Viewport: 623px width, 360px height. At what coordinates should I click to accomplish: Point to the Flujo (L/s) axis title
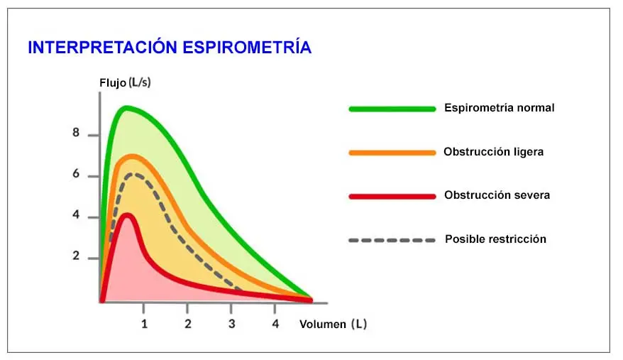pos(125,83)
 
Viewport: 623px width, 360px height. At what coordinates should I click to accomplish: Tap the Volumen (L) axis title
pos(333,324)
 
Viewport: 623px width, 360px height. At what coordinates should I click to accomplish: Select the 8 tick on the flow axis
pos(76,134)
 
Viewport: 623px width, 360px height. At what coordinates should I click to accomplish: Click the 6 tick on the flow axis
pos(76,175)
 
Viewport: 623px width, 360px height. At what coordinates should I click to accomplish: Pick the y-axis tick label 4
pos(76,216)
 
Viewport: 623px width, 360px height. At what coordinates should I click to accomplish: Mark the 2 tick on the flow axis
pos(76,256)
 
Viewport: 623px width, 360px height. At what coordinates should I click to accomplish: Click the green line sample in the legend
pos(392,109)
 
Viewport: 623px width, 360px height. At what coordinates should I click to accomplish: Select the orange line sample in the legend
pos(392,153)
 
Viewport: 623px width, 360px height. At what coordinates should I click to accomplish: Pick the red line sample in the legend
pos(392,196)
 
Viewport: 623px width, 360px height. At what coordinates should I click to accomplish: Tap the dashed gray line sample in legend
pos(392,240)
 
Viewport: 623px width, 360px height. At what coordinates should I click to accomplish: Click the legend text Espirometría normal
pos(499,109)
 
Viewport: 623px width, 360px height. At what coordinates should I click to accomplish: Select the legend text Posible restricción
pos(495,239)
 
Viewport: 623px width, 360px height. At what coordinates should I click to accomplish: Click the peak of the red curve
pos(127,214)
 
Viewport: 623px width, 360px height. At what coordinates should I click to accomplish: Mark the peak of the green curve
pos(126,107)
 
